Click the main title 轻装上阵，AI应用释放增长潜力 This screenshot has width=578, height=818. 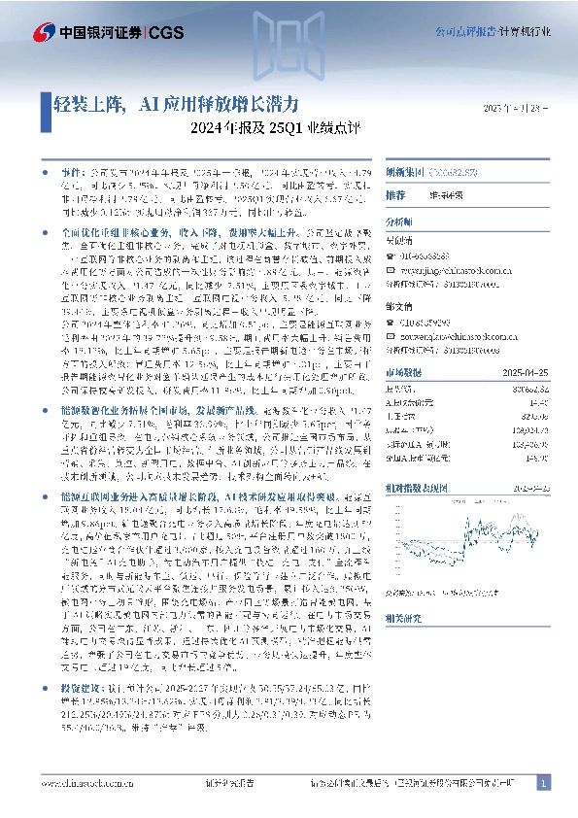pos(169,102)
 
